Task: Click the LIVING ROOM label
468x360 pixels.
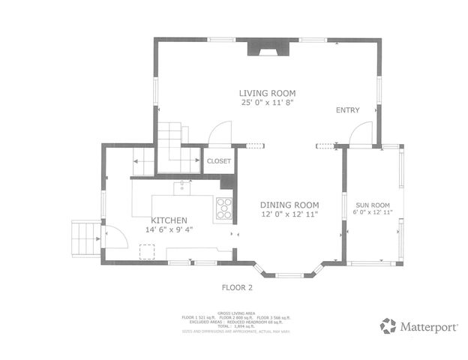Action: click(x=265, y=91)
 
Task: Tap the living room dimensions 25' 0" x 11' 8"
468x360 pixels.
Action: click(x=265, y=102)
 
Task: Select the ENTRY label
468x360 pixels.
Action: click(x=347, y=110)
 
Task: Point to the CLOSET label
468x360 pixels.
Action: click(x=219, y=160)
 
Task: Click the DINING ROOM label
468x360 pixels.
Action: click(x=289, y=205)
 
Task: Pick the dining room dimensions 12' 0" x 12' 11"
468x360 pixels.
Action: click(x=289, y=215)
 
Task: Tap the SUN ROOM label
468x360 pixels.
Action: click(x=373, y=204)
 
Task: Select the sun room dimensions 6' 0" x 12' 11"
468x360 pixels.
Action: click(x=373, y=213)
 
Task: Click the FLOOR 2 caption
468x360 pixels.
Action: click(x=237, y=287)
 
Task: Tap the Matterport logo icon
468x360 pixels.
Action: click(x=388, y=325)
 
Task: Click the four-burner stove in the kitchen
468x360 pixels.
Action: click(x=223, y=208)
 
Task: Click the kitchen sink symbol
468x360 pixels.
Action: click(x=182, y=187)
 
